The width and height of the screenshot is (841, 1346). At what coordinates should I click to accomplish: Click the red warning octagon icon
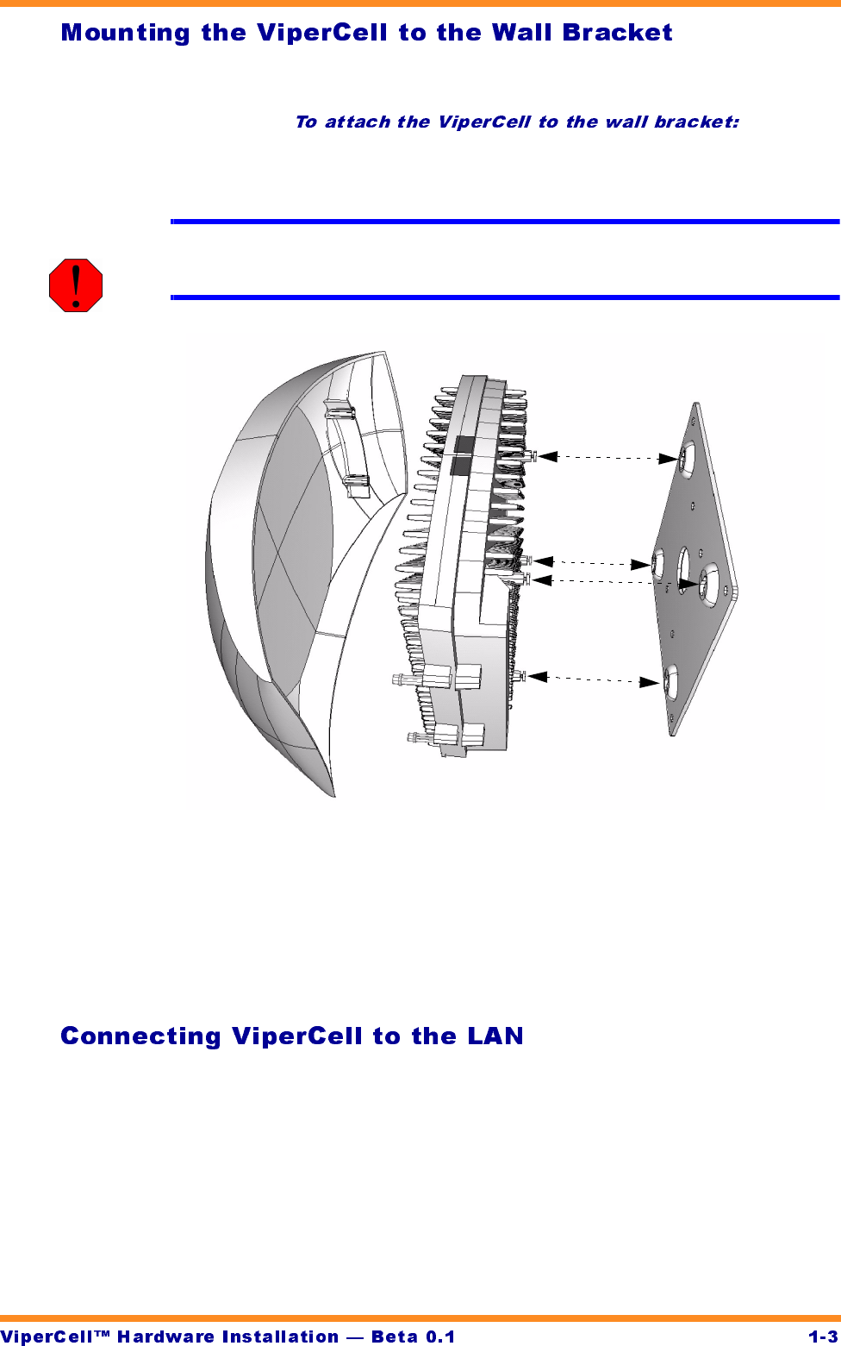pyautogui.click(x=76, y=285)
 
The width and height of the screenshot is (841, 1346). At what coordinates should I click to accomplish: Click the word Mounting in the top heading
pyautogui.click(x=126, y=33)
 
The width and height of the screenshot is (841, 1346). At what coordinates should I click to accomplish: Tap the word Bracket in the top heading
pyautogui.click(x=617, y=33)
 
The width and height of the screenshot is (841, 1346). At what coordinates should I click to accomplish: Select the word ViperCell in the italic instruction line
pyautogui.click(x=483, y=122)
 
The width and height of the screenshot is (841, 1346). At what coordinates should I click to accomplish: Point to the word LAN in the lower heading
pyautogui.click(x=495, y=1036)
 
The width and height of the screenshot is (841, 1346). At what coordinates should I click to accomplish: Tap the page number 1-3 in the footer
pyautogui.click(x=822, y=1337)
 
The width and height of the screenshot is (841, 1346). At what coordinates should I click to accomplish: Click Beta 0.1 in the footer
pyautogui.click(x=413, y=1337)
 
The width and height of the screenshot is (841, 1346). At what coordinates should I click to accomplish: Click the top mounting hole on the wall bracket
pyautogui.click(x=687, y=459)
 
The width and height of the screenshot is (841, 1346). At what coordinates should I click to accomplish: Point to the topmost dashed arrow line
pyautogui.click(x=607, y=457)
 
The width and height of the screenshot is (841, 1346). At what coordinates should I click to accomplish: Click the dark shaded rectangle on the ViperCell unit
pyautogui.click(x=462, y=455)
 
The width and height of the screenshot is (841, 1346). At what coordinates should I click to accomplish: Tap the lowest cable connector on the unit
pyautogui.click(x=422, y=737)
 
